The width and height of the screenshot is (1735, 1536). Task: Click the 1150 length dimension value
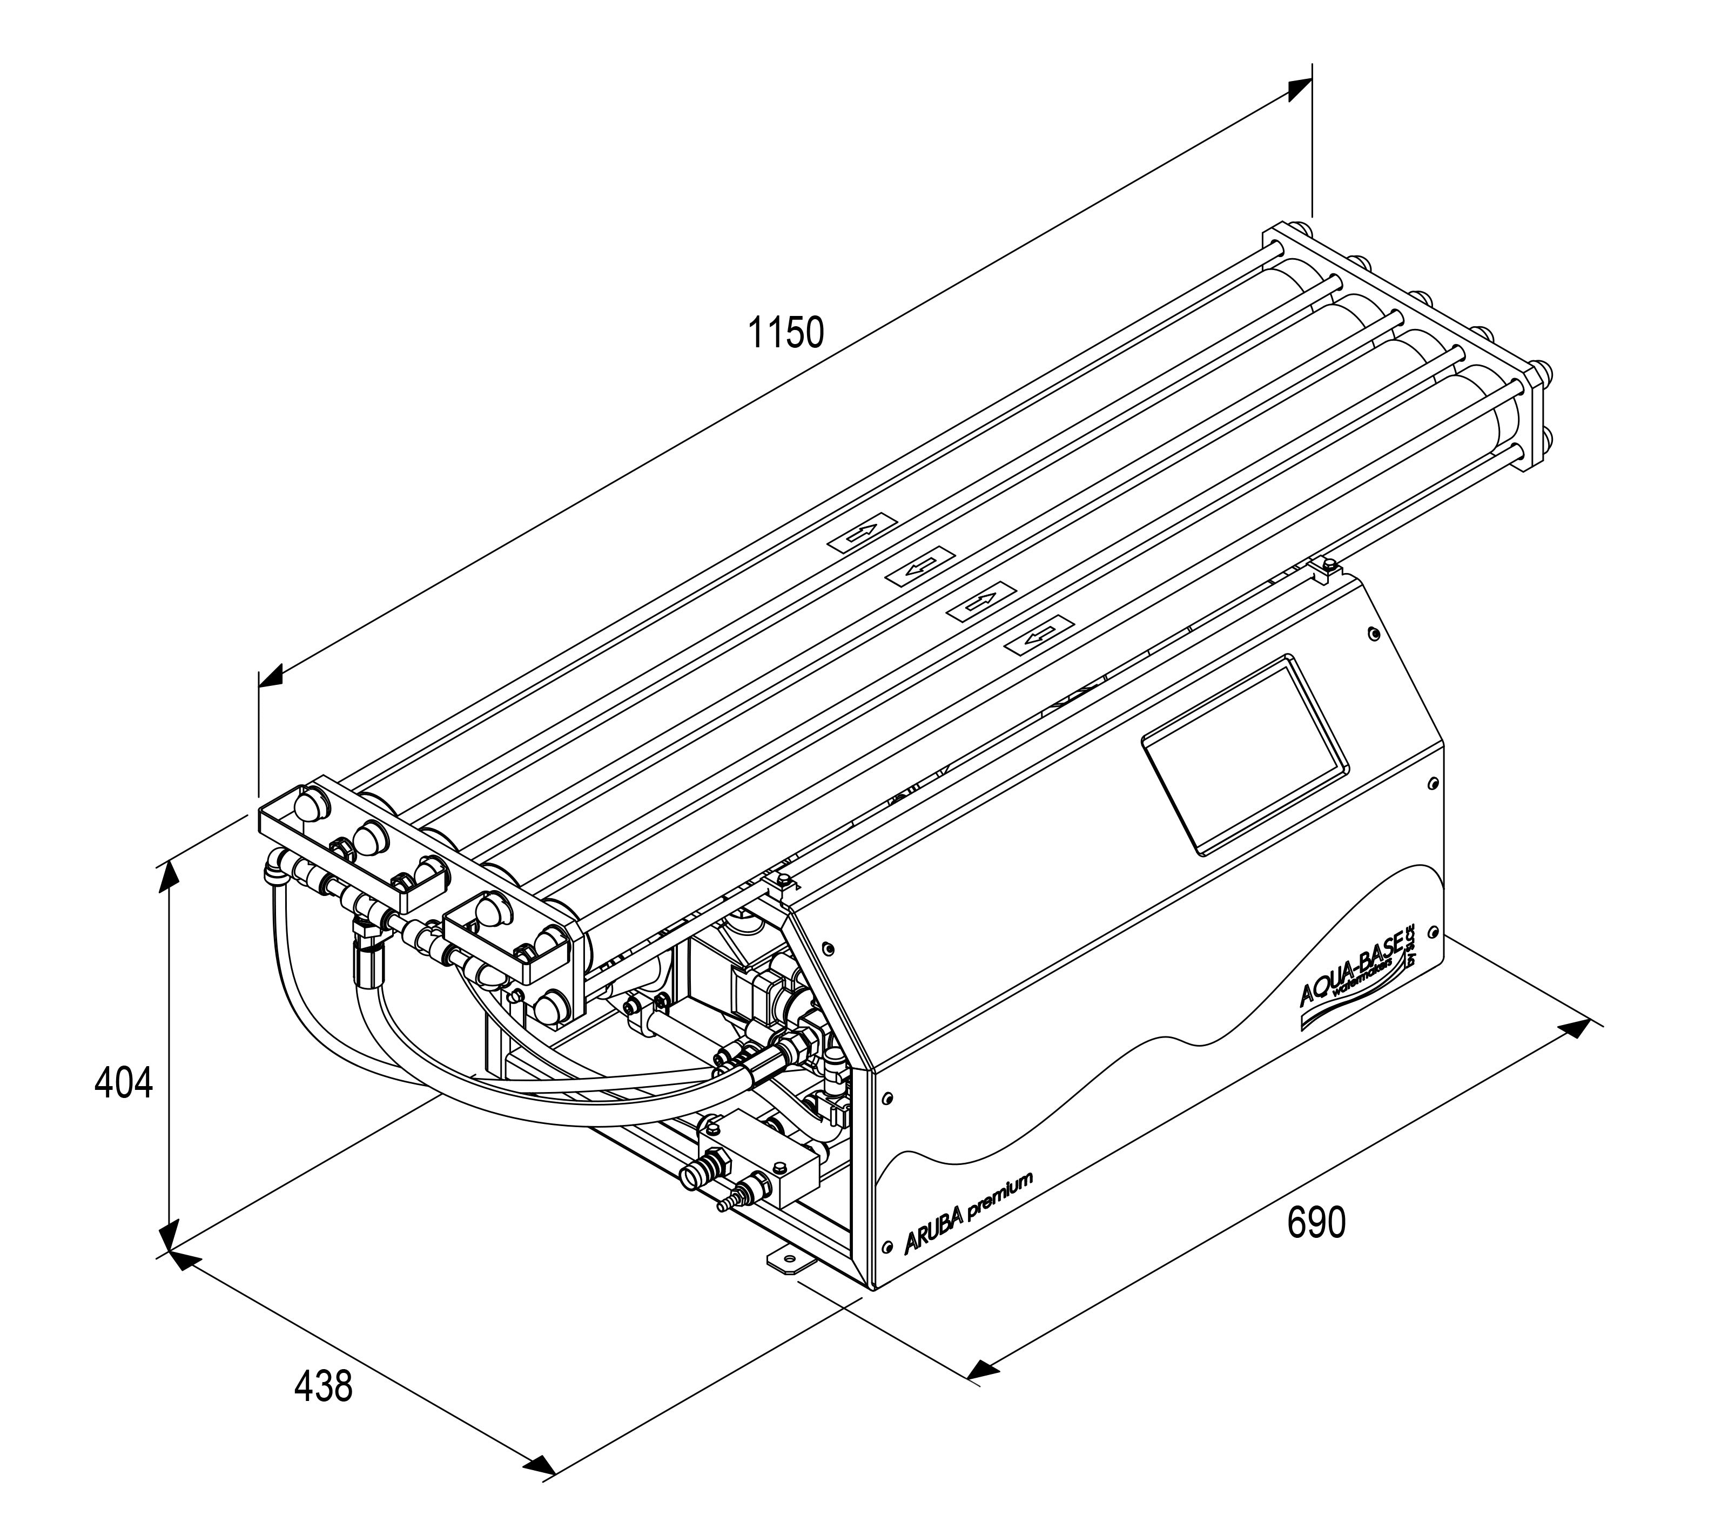click(x=785, y=333)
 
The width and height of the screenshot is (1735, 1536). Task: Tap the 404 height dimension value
click(x=124, y=1084)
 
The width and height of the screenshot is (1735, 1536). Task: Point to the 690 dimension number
click(x=1316, y=1223)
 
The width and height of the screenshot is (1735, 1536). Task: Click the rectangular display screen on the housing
click(x=1243, y=754)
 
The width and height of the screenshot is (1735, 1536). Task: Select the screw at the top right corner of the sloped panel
click(x=1374, y=634)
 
